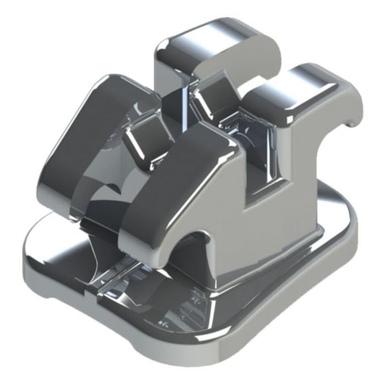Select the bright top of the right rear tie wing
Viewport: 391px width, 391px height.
tap(313, 78)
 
